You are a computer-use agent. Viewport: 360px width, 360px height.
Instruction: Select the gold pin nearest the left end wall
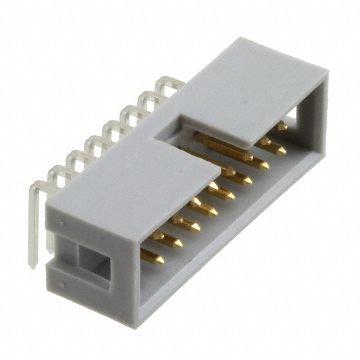(x=152, y=257)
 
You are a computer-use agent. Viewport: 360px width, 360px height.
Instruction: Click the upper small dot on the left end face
(x=63, y=222)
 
